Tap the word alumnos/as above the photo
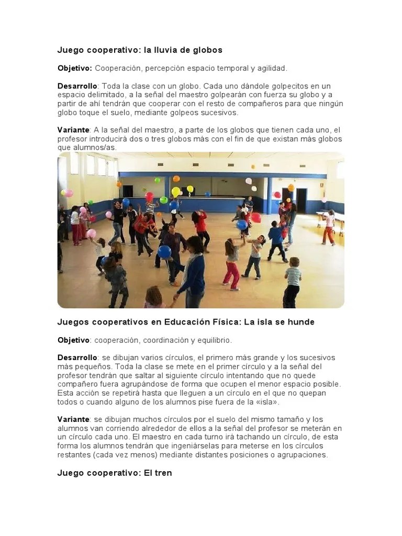pos(98,148)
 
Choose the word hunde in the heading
pos(301,322)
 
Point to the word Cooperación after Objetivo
pos(118,69)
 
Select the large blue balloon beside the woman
pos(164,252)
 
